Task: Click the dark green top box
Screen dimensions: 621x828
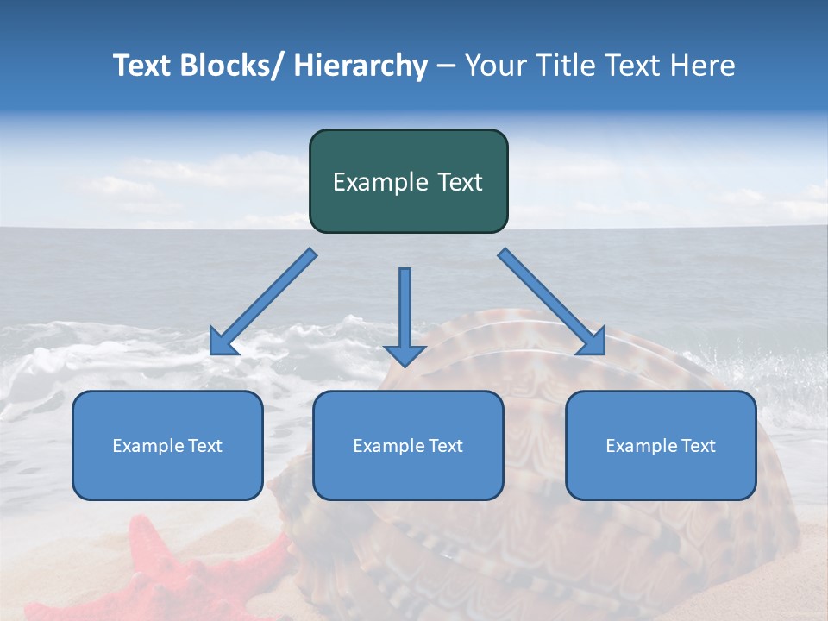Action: click(x=408, y=181)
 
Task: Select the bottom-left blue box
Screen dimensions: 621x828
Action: click(x=167, y=445)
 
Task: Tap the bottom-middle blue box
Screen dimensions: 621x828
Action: click(x=408, y=445)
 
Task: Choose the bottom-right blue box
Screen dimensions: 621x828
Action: click(x=661, y=445)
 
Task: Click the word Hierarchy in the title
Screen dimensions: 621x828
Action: click(x=361, y=66)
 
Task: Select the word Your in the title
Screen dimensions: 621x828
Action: click(x=494, y=66)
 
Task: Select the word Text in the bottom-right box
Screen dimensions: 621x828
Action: click(x=698, y=445)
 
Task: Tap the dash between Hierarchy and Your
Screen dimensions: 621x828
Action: click(x=446, y=66)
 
